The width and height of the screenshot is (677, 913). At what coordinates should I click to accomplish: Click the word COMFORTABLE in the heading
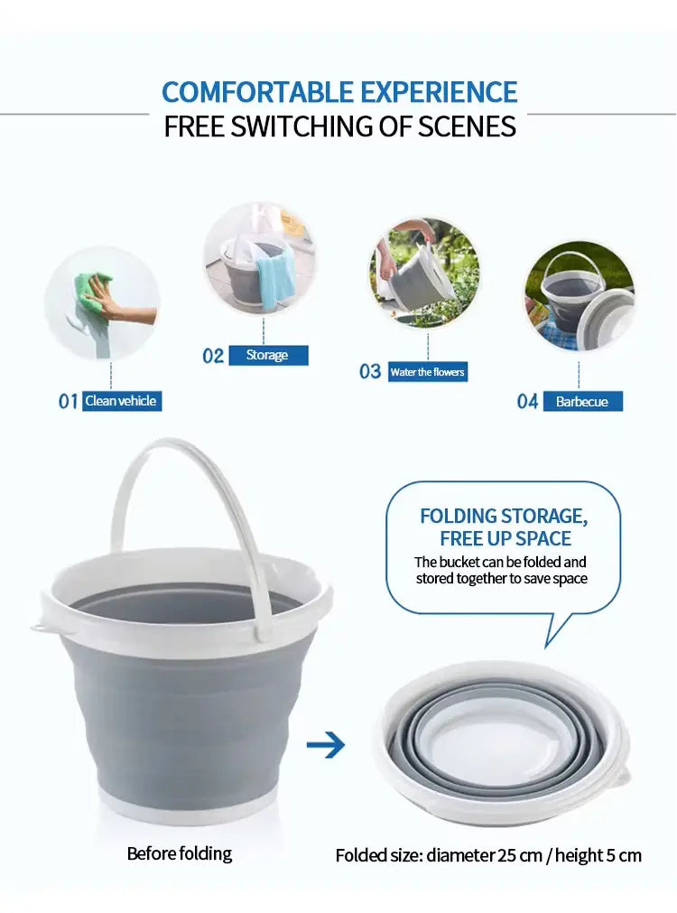coord(257,92)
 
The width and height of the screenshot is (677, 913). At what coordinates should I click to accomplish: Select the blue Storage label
coord(268,355)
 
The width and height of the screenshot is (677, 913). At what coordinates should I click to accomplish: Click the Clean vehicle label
coord(122,401)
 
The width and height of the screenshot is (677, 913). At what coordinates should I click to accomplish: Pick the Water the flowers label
coord(428,372)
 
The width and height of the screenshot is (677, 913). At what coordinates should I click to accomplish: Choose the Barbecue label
coord(583,401)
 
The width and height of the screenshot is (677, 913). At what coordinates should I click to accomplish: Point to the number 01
coord(68,401)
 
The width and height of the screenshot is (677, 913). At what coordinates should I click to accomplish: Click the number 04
coord(527,401)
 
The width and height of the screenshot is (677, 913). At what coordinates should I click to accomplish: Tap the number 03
coord(370,371)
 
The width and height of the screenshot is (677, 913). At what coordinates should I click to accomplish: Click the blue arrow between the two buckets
coord(326,745)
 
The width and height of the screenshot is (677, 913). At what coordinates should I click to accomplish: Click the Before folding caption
coord(180,853)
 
